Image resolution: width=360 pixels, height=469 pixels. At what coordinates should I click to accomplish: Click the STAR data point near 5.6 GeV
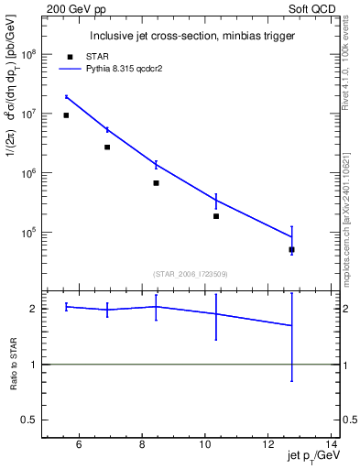coord(66,115)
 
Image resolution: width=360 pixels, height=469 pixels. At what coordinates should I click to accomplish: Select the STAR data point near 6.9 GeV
coord(107,147)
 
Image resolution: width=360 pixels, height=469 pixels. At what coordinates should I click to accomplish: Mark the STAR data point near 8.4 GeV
coord(156,183)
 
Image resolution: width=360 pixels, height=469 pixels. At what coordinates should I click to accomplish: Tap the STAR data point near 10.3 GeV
coord(216,216)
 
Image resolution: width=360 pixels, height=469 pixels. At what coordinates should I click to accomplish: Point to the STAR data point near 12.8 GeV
coord(291,249)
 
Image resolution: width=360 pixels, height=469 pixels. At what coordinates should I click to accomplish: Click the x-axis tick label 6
coord(79,445)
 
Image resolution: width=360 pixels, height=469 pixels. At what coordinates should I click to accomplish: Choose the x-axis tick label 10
coord(204,445)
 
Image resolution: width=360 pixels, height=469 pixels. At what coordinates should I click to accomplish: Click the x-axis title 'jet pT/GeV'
coord(311,458)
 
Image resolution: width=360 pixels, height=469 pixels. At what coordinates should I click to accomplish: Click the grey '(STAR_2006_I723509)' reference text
coord(191,273)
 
